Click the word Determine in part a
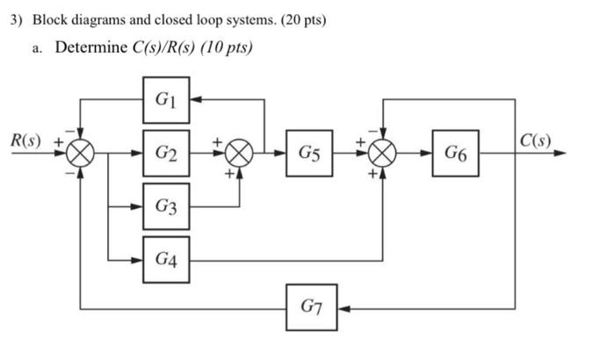pyautogui.click(x=91, y=48)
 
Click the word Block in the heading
pyautogui.click(x=51, y=19)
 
